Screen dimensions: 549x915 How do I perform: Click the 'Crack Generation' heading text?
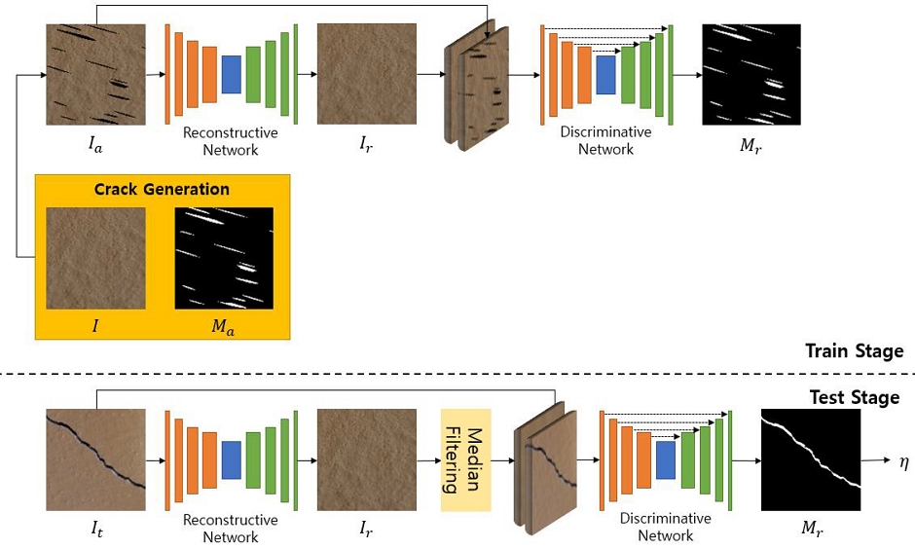[x=162, y=189]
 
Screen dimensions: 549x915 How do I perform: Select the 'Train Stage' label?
[x=854, y=351]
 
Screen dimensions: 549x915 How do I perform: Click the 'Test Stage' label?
[x=855, y=397]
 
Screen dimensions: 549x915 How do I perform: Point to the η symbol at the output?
[x=902, y=459]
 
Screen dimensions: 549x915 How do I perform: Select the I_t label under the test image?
[x=94, y=531]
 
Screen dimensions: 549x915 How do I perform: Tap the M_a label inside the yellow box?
[x=223, y=328]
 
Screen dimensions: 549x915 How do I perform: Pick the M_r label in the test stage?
[x=811, y=531]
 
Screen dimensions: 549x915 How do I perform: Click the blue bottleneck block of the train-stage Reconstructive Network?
[x=231, y=74]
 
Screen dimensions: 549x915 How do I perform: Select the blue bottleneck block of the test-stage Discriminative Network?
[x=666, y=459]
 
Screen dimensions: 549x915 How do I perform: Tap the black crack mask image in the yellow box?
[x=223, y=258]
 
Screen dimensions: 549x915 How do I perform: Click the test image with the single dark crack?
[x=95, y=459]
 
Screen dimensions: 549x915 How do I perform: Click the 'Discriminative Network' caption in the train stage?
[x=605, y=141]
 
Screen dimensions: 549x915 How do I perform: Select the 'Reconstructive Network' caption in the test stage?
[x=231, y=529]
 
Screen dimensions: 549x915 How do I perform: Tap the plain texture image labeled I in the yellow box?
[x=95, y=258]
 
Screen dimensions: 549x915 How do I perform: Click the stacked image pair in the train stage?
[x=477, y=88]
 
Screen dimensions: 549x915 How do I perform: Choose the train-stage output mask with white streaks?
[x=750, y=74]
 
